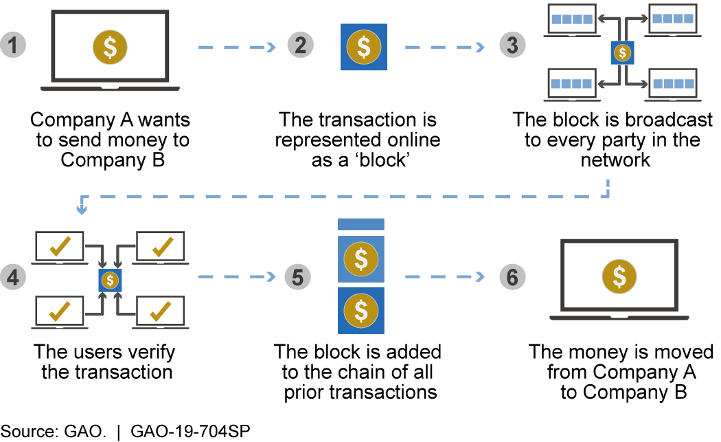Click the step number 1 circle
pos(13,47)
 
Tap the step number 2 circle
pos(300,47)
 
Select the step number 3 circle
pos(512,47)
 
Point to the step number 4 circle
pos(13,277)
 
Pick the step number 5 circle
pos(297,277)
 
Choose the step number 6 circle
pos(512,277)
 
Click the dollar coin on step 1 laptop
pos(110,47)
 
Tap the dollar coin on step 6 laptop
pos(619,276)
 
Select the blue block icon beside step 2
pos(364,47)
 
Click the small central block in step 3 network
pos(623,52)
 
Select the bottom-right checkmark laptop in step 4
pos(161,310)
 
